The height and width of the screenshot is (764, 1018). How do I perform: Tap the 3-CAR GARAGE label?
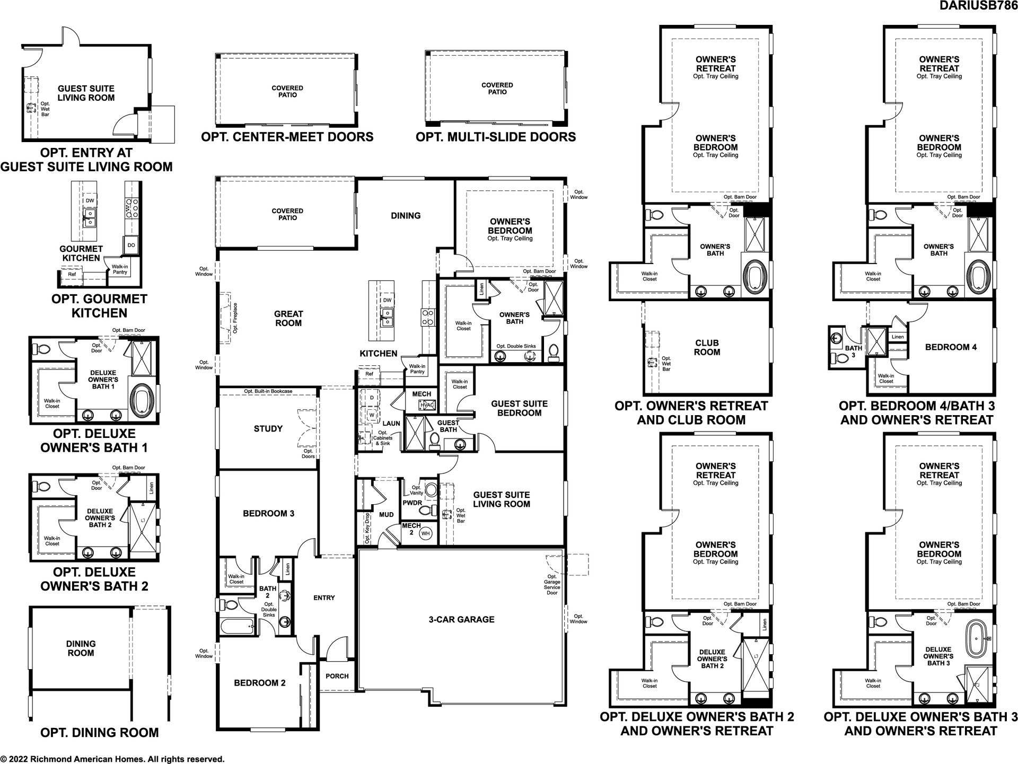point(461,619)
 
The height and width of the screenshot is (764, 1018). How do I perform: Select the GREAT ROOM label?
point(288,319)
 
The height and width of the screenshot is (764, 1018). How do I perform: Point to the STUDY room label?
point(268,429)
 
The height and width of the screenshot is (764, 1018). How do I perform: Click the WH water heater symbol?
point(425,533)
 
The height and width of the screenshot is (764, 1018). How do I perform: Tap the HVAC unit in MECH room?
point(427,406)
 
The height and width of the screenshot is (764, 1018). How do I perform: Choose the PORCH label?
point(337,676)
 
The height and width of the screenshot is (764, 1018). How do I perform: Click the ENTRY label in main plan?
point(324,598)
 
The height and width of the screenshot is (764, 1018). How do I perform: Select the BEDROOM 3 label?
point(268,513)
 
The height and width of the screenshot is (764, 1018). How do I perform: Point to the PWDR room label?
point(412,502)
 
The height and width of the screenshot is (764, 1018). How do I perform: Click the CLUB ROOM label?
point(707,347)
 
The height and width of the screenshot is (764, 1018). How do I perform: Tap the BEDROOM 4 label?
point(951,347)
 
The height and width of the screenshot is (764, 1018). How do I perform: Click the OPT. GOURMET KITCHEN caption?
point(100,306)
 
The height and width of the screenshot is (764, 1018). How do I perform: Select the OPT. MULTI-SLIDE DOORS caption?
point(496,137)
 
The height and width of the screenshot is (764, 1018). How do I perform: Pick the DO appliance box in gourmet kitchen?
point(131,245)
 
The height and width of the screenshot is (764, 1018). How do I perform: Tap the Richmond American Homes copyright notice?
point(112,759)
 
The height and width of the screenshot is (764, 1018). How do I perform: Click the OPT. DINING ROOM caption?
point(100,733)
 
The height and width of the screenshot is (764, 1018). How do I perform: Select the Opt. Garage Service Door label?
point(552,584)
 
